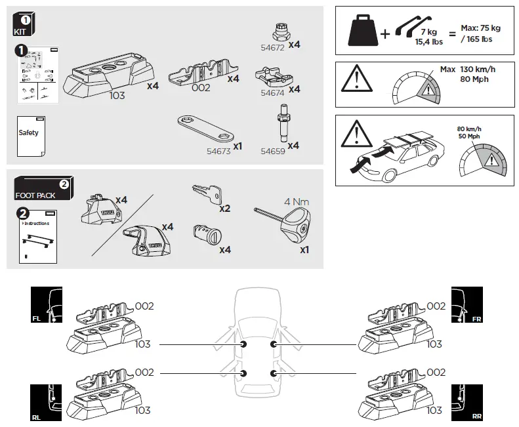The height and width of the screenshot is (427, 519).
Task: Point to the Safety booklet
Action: click(x=28, y=135)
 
